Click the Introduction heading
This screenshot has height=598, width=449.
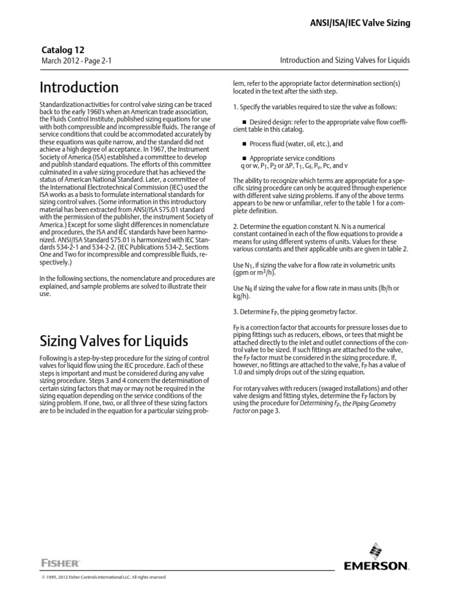79,88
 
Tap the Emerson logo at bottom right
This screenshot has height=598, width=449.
376,558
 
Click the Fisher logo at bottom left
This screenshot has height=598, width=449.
60,562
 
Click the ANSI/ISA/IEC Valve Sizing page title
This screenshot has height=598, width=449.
359,23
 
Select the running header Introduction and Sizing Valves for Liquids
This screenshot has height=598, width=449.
346,60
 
